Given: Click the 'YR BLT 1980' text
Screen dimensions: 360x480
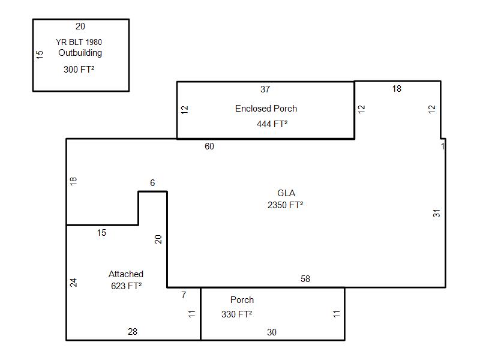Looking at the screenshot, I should click(x=79, y=42).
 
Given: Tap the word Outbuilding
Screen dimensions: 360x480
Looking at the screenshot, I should click(x=80, y=53).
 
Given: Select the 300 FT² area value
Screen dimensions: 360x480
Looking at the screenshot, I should click(x=79, y=70).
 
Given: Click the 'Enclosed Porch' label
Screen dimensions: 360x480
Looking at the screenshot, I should click(x=266, y=109).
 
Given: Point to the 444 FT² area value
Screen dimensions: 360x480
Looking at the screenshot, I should click(x=272, y=124).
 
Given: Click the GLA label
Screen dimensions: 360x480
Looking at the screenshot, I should click(x=286, y=193).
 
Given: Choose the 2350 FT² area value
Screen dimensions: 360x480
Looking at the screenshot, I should click(x=285, y=205).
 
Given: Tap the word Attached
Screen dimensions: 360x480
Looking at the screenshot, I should click(x=126, y=274).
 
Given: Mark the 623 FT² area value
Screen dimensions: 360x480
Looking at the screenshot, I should click(x=126, y=286).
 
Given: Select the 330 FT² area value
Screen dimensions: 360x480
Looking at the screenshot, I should click(x=236, y=314).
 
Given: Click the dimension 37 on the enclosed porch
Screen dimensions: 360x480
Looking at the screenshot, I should click(x=265, y=89).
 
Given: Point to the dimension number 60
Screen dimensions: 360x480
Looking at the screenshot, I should click(x=209, y=146).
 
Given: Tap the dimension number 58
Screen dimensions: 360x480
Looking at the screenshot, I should click(x=305, y=279).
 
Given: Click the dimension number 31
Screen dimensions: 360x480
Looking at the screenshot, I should click(x=437, y=212).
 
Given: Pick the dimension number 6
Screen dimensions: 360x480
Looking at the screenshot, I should click(x=152, y=183).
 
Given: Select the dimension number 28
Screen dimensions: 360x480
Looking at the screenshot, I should click(x=133, y=332).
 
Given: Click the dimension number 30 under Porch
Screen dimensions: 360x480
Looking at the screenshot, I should click(x=272, y=332).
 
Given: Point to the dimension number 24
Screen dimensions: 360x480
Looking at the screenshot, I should click(x=74, y=282).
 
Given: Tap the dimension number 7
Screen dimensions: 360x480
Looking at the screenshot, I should click(x=184, y=295).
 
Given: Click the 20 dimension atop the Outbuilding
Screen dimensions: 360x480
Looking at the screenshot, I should click(x=80, y=26).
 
